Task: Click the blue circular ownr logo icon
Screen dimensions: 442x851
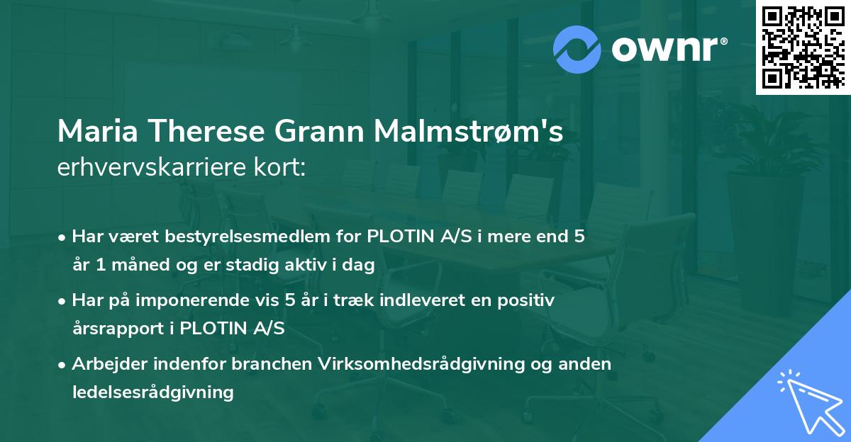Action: [577, 50]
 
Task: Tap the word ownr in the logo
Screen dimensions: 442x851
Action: [660, 50]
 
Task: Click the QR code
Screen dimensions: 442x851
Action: [803, 47]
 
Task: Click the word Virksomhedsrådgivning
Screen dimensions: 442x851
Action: [413, 364]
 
